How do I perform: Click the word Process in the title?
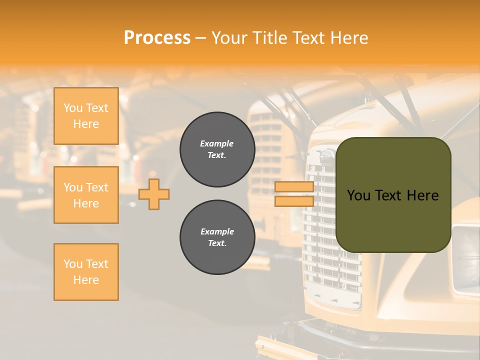pos(157,38)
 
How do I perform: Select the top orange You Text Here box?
pos(86,116)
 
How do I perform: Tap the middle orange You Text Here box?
pos(86,195)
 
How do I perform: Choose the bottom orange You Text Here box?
pos(86,272)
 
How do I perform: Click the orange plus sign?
pos(154,194)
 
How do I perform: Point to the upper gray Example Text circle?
pos(217,149)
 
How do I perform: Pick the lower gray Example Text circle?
pos(217,237)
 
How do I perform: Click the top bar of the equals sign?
pos(294,186)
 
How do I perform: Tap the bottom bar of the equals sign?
pos(294,201)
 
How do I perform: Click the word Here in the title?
pos(348,38)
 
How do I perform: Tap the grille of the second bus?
pos(265,150)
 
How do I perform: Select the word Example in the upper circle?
pos(217,143)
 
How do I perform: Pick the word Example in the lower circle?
pos(217,231)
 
